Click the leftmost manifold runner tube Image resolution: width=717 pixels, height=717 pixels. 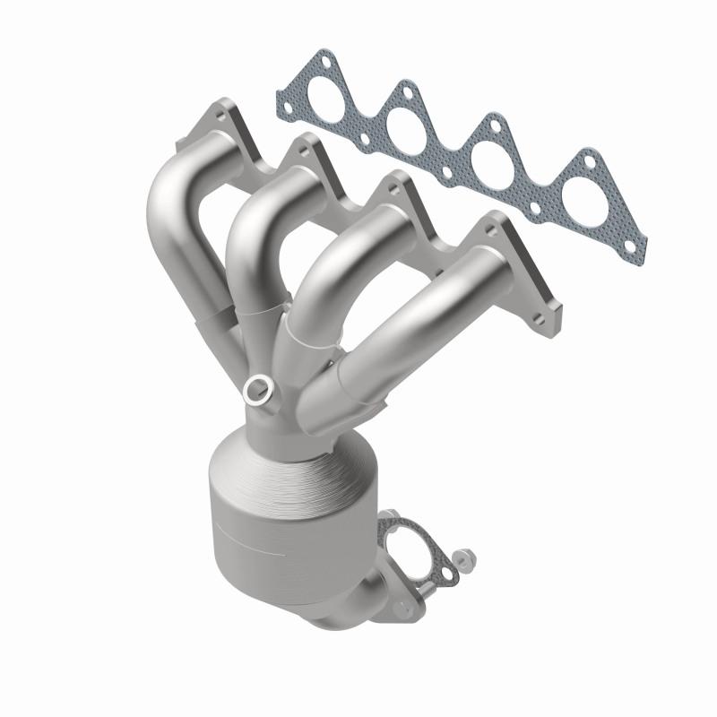pyautogui.click(x=175, y=215)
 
